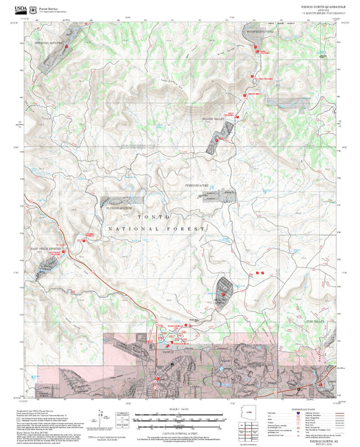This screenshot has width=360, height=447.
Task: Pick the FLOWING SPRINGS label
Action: pyautogui.click(x=118, y=208)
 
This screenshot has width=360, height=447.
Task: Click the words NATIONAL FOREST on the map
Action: pyautogui.click(x=156, y=230)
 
